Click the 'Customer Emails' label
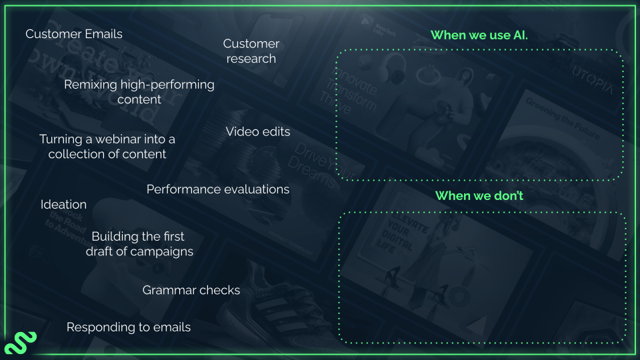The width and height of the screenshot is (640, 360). (74, 34)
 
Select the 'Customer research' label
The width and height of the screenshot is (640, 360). (251, 51)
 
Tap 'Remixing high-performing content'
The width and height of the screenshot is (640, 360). (139, 92)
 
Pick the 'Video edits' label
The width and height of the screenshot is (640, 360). (258, 132)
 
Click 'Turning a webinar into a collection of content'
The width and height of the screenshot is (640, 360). (107, 147)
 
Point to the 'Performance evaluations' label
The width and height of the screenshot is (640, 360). (218, 189)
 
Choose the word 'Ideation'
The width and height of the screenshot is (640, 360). (63, 205)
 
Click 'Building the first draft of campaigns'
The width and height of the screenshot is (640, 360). (139, 244)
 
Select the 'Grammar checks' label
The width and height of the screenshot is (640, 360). (191, 291)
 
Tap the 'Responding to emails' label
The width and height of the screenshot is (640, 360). (129, 327)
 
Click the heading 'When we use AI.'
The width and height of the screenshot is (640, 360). (479, 35)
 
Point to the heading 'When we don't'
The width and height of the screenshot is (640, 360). (479, 196)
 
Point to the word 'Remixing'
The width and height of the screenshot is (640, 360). (90, 85)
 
